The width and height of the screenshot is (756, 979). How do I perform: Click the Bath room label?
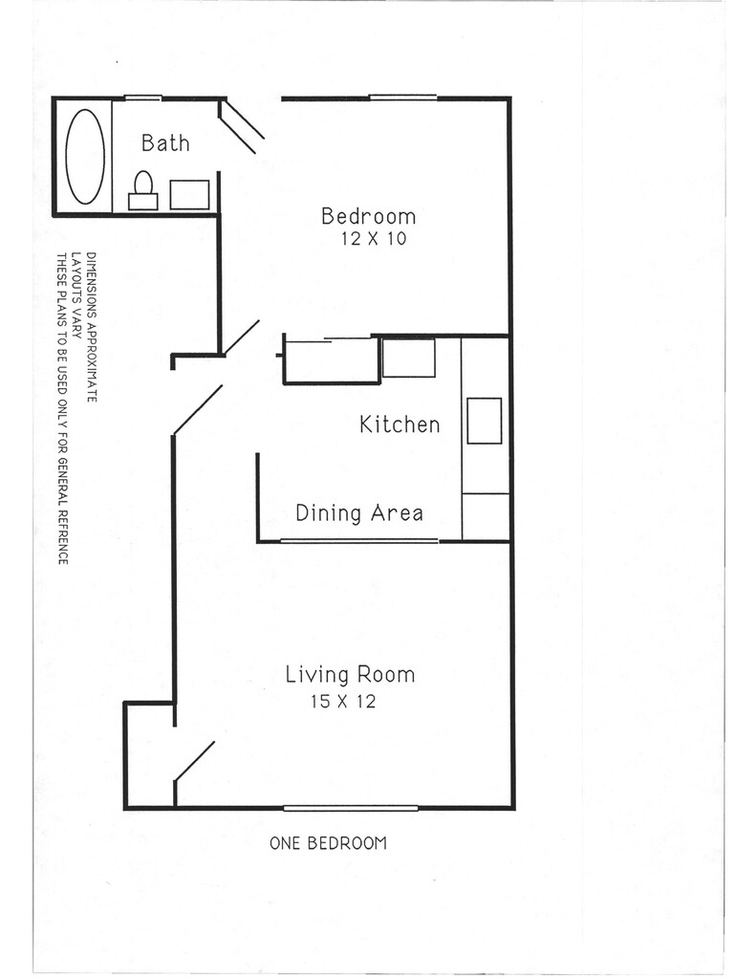pyautogui.click(x=165, y=143)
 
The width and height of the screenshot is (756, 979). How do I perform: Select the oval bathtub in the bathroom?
pyautogui.click(x=85, y=157)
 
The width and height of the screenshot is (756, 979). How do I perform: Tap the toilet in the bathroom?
pyautogui.click(x=143, y=188)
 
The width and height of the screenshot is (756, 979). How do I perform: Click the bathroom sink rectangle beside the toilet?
pyautogui.click(x=189, y=194)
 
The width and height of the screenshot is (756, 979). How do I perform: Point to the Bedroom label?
pyautogui.click(x=368, y=216)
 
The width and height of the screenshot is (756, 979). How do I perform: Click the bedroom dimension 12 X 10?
pyautogui.click(x=373, y=239)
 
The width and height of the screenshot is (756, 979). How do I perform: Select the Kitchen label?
pyautogui.click(x=400, y=424)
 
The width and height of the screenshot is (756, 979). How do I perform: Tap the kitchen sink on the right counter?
pyautogui.click(x=484, y=421)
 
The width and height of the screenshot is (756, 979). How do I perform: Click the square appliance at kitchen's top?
pyautogui.click(x=408, y=358)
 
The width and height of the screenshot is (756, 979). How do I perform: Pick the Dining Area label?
pyautogui.click(x=358, y=513)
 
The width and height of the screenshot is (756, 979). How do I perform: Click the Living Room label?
pyautogui.click(x=350, y=675)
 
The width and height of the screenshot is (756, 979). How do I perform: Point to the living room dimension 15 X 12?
pyautogui.click(x=342, y=702)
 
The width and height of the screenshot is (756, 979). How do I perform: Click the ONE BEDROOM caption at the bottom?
pyautogui.click(x=328, y=843)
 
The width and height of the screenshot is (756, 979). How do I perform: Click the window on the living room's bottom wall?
pyautogui.click(x=350, y=808)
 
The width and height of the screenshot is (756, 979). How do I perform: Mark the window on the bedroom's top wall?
pyautogui.click(x=402, y=98)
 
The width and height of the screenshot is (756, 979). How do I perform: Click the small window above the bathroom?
pyautogui.click(x=142, y=98)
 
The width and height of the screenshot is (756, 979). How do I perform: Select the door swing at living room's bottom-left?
pyautogui.click(x=195, y=760)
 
